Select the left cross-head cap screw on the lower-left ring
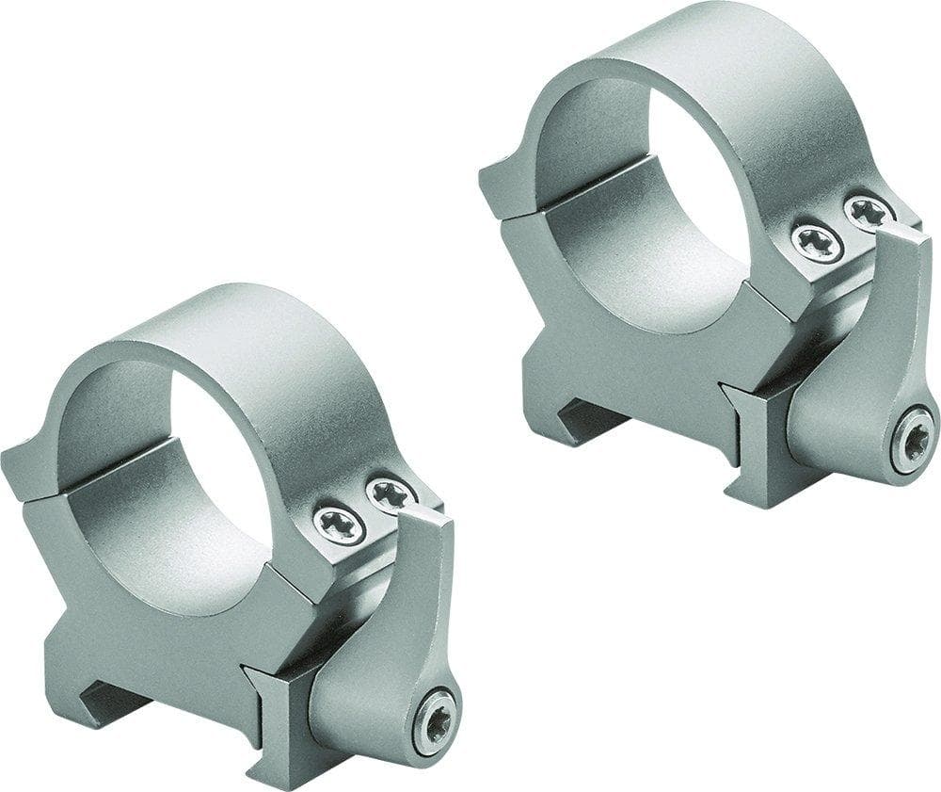point(338,525)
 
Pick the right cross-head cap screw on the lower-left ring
point(389,493)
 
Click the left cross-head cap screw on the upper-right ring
point(815,244)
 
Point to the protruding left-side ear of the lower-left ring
point(24,471)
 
